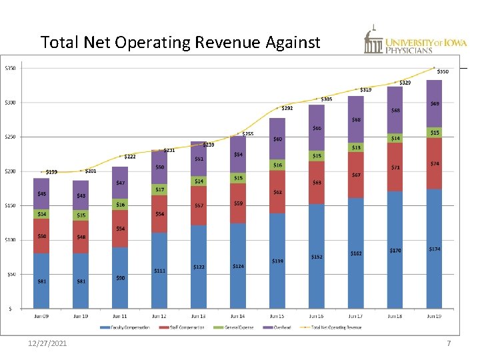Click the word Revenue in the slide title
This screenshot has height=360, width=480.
225,43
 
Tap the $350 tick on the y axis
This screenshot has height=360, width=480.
11,68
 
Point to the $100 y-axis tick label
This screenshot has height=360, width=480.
11,240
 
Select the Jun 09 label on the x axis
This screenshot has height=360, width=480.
42,316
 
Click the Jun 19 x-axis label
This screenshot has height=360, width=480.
434,316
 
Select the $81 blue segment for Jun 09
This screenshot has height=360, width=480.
42,281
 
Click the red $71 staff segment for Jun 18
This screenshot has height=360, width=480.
395,167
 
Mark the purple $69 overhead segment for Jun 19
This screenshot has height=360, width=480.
434,104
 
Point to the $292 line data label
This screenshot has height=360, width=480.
287,108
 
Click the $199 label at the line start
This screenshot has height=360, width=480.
51,172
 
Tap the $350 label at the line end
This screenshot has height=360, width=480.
443,71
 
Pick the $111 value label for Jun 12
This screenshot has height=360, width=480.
160,271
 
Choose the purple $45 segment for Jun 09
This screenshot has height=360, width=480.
42,194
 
